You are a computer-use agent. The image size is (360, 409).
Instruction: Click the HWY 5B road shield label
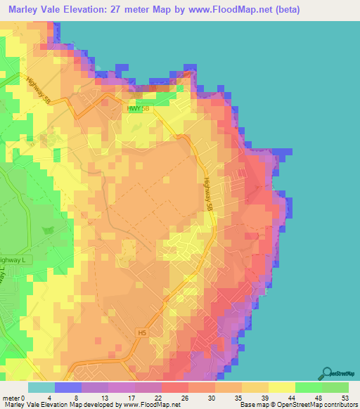[x=139, y=108]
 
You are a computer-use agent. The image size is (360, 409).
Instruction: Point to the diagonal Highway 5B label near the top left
[x=36, y=89]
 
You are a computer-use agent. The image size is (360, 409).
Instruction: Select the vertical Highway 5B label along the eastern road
[x=208, y=189]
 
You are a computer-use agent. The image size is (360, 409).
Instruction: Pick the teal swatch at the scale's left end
[x=41, y=387]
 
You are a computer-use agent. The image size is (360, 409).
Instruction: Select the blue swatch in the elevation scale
[x=68, y=387]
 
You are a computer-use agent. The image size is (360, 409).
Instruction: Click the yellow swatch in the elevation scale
[x=282, y=387]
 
